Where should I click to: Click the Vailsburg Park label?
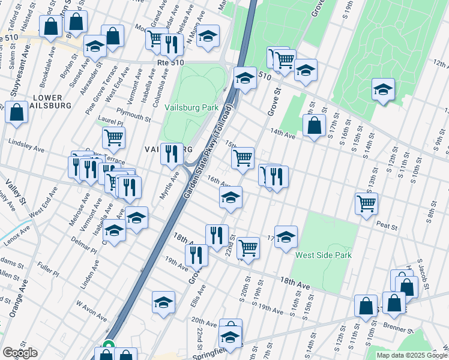tap(191, 107)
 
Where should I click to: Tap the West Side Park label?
tap(323, 255)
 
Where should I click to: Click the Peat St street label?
tap(387, 227)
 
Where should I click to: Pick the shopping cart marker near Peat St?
tap(366, 203)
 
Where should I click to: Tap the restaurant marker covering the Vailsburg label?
tap(172, 154)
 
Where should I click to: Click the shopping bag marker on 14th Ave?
tap(314, 126)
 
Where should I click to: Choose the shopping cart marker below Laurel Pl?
tap(113, 137)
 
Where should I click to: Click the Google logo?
tap(20, 353)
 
